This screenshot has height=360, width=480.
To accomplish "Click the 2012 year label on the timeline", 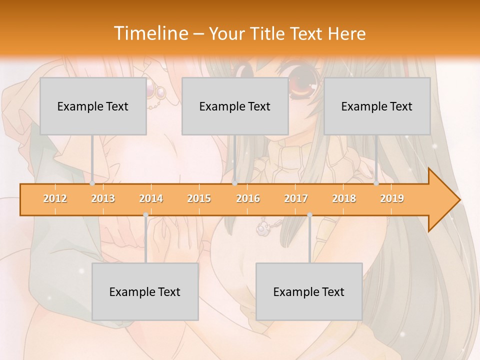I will click(55, 198).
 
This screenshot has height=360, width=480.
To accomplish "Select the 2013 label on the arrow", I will click(103, 198).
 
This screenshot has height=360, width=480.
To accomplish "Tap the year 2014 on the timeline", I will click(151, 198).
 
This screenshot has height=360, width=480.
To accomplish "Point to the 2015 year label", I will click(199, 198).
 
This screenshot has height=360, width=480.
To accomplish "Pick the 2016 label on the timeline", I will click(248, 198).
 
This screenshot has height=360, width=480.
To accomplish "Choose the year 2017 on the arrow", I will click(296, 198).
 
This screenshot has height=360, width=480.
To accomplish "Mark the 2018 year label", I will click(344, 198).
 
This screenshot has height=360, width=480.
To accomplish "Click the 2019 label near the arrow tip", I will click(392, 198).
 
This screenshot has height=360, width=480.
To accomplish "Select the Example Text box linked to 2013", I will click(93, 106).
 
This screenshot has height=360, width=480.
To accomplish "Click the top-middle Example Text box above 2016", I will click(235, 106).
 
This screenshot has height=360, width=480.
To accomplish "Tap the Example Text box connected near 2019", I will click(377, 106).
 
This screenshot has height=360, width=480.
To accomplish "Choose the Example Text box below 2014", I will click(145, 291).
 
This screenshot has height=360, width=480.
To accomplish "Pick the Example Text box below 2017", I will click(309, 291).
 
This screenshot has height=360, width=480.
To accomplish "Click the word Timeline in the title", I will click(149, 33).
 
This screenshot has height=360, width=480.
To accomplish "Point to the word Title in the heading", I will click(268, 34).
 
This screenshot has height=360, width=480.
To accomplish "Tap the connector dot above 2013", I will click(92, 183).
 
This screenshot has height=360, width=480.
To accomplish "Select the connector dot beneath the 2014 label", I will click(145, 215).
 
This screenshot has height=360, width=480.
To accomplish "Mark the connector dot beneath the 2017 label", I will click(309, 215).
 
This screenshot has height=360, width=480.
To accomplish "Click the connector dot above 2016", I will click(234, 183).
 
